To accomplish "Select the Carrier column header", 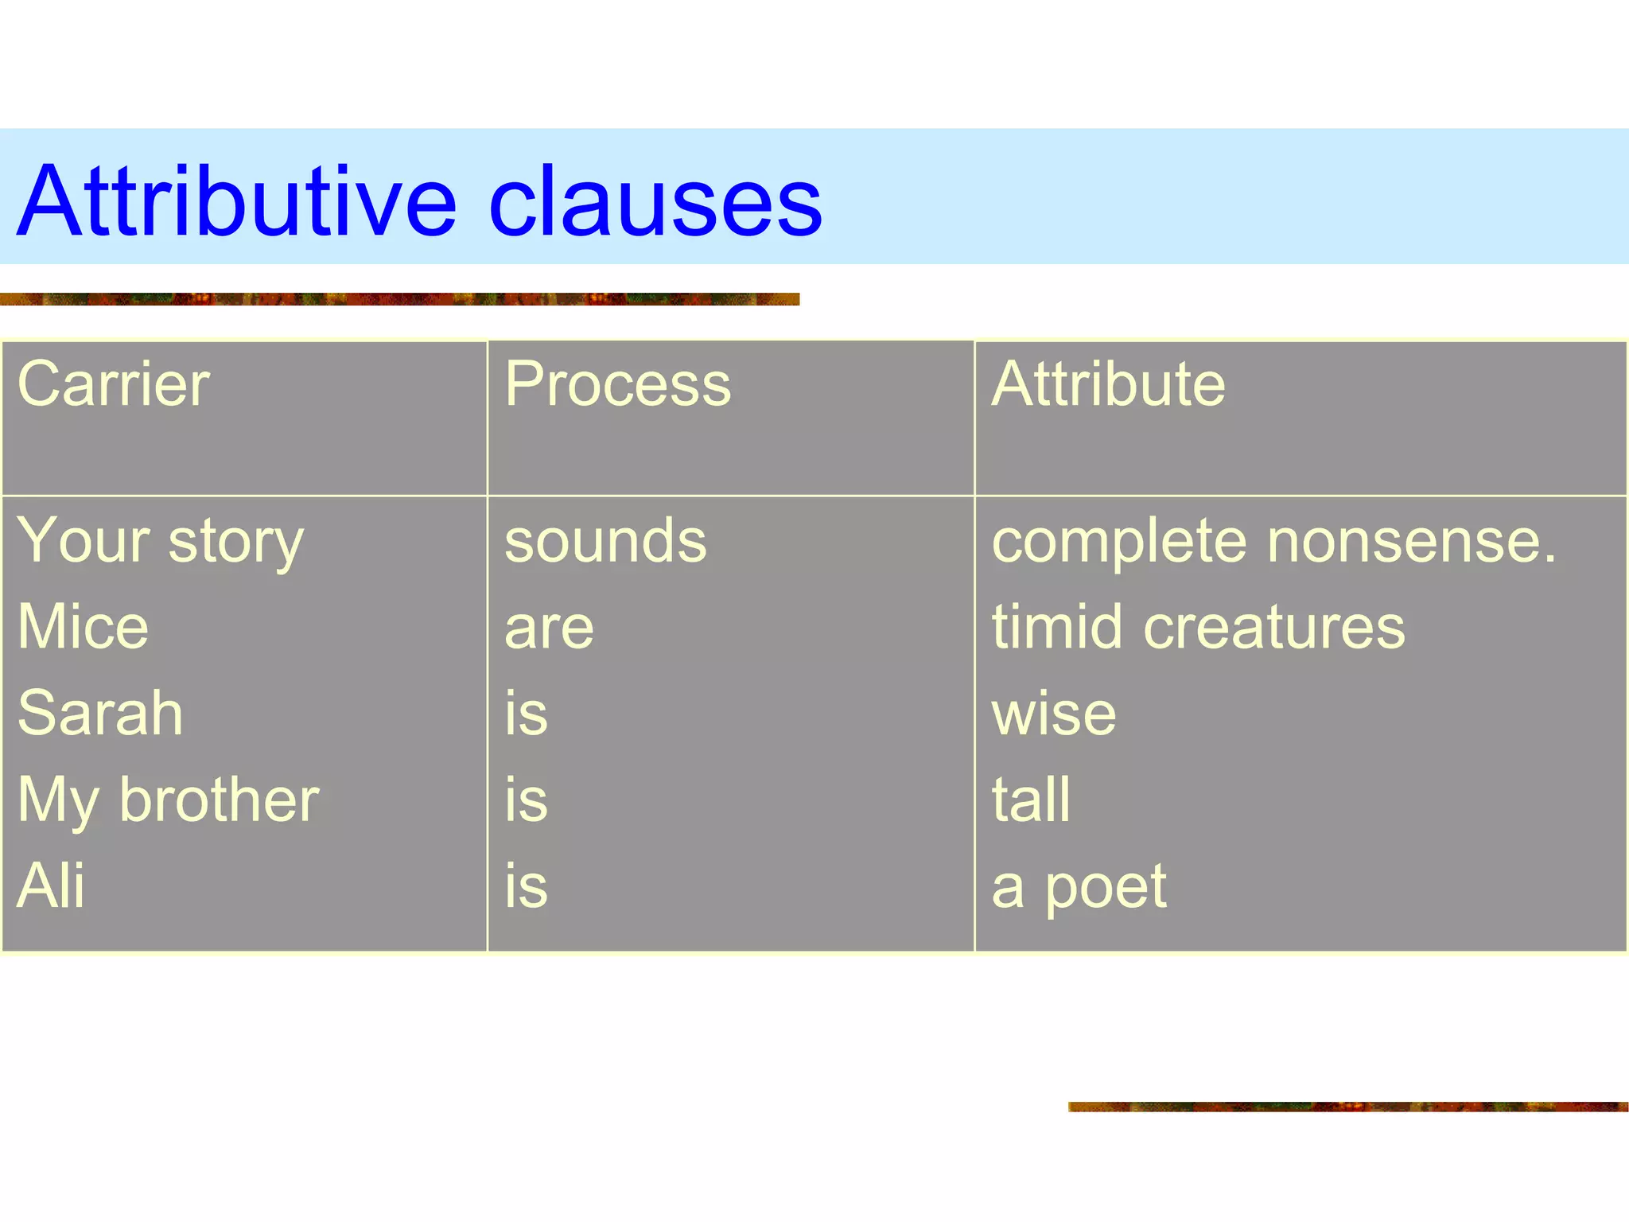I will click(x=113, y=384).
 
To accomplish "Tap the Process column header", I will click(x=617, y=384).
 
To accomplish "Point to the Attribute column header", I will click(x=1108, y=384).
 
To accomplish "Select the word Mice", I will click(x=83, y=627).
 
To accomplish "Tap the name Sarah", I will click(x=100, y=713).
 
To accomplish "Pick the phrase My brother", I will click(x=168, y=800).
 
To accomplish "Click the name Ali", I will click(x=50, y=885).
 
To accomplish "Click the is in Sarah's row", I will click(x=526, y=713).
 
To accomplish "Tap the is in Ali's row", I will click(x=526, y=885).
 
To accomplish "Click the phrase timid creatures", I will click(x=1198, y=627).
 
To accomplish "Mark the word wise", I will click(x=1053, y=713).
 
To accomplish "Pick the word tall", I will click(x=1031, y=800).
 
